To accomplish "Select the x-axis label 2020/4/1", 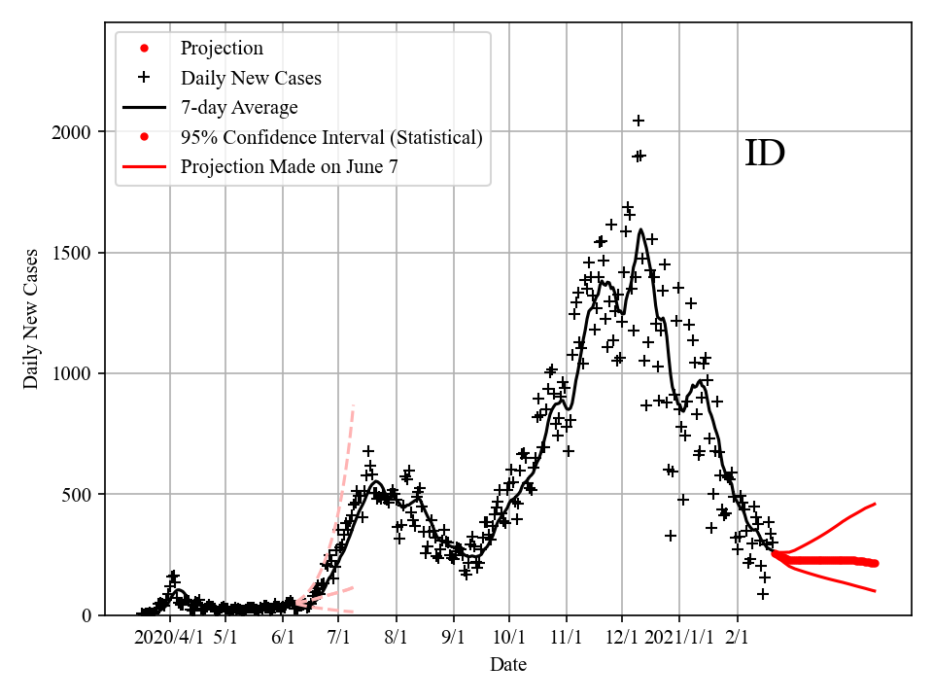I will (170, 639).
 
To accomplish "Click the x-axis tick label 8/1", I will (397, 639).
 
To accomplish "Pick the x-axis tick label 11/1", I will (566, 639).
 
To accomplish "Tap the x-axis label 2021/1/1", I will (679, 639).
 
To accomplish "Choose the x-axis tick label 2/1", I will (737, 639).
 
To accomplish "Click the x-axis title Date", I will (508, 665).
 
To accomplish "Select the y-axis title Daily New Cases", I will (32, 319).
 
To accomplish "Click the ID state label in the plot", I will (764, 154).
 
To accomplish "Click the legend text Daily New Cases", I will (251, 78).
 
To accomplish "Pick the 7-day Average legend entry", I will (239, 107).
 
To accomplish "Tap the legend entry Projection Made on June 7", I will (289, 166).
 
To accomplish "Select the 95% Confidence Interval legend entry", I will (331, 137).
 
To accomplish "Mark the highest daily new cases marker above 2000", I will (639, 121).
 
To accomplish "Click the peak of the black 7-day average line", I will (641, 230).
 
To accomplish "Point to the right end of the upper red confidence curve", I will (876, 504).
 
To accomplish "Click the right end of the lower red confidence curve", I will (876, 591).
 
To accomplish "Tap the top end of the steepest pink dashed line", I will (353, 404).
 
